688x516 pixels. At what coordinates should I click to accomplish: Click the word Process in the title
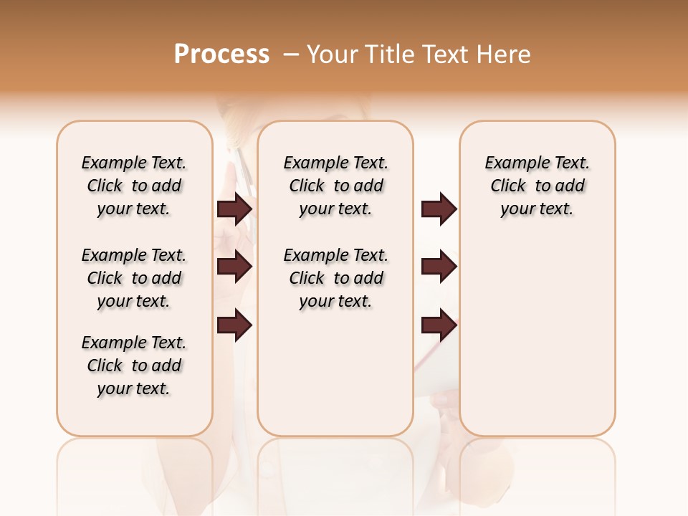pyautogui.click(x=221, y=54)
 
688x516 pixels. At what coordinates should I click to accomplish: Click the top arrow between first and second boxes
pyautogui.click(x=234, y=209)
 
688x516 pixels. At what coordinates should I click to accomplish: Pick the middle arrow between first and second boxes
pyautogui.click(x=234, y=267)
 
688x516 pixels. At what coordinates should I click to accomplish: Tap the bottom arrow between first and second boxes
pyautogui.click(x=234, y=325)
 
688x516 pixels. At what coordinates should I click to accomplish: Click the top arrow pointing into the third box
pyautogui.click(x=439, y=209)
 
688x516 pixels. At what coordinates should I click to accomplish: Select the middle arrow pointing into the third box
pyautogui.click(x=439, y=267)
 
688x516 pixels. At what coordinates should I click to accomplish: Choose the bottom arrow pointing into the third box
pyautogui.click(x=439, y=325)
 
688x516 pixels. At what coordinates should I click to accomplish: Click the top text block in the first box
pyautogui.click(x=134, y=186)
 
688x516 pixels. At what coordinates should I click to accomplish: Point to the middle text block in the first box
pyautogui.click(x=134, y=278)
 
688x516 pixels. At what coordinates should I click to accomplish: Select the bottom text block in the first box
pyautogui.click(x=134, y=365)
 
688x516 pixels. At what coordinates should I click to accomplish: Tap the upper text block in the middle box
pyautogui.click(x=335, y=186)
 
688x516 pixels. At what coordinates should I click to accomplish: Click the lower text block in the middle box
pyautogui.click(x=335, y=278)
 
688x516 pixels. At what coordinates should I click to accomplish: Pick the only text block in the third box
pyautogui.click(x=537, y=186)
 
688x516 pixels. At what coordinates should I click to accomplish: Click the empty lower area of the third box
pyautogui.click(x=537, y=337)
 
